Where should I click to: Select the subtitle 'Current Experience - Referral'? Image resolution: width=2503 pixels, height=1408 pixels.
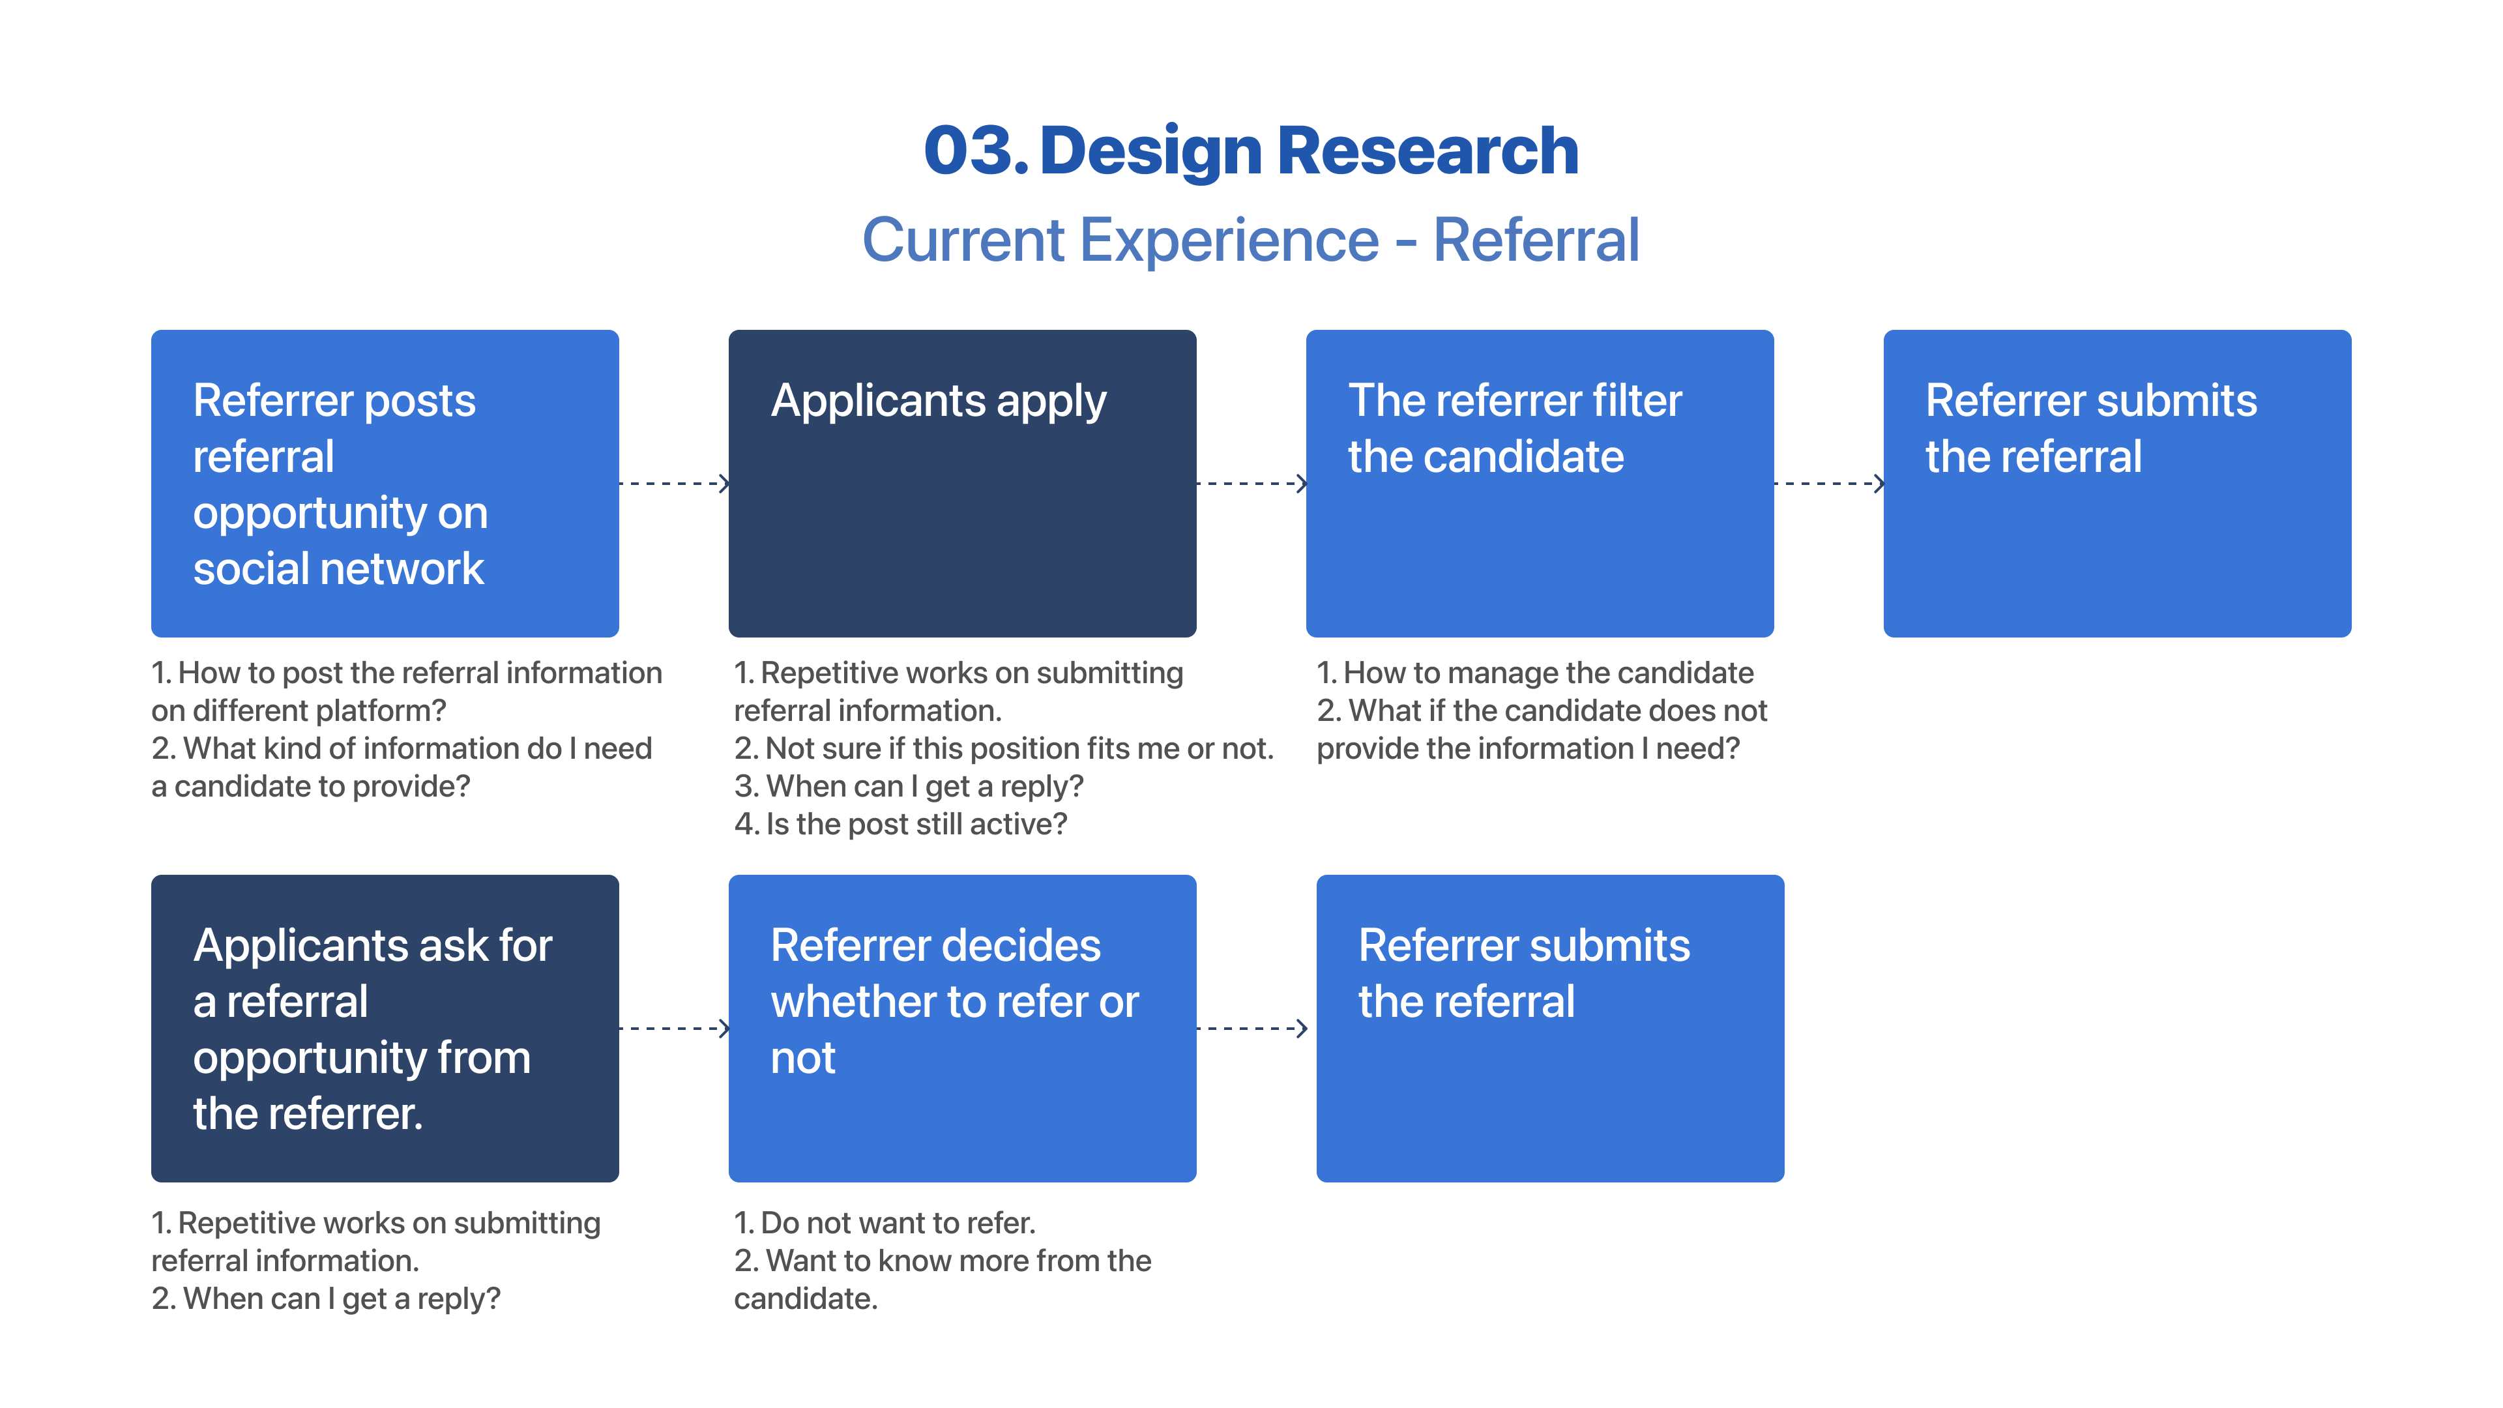point(1251,240)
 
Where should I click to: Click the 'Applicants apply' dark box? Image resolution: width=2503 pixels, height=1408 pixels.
point(962,483)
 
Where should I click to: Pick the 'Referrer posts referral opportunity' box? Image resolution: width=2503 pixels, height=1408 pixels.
point(385,483)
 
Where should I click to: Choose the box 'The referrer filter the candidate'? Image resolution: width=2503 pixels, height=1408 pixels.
point(1539,483)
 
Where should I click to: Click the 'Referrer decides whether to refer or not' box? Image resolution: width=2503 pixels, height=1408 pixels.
point(962,1028)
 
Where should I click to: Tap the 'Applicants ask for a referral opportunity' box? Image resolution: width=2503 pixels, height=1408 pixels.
point(385,1028)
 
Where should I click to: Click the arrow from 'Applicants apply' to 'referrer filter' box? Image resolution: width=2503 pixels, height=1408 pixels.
point(1251,483)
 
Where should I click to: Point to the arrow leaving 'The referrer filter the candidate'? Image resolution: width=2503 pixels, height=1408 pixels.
point(1828,483)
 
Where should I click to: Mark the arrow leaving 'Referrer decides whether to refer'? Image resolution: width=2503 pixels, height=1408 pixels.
point(1251,1028)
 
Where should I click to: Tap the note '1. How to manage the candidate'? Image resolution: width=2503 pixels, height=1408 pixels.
point(1535,673)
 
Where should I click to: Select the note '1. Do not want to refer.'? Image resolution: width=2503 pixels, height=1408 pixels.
point(885,1222)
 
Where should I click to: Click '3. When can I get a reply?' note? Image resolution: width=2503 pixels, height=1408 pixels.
point(909,786)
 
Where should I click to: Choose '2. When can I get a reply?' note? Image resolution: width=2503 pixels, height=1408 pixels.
point(327,1298)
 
